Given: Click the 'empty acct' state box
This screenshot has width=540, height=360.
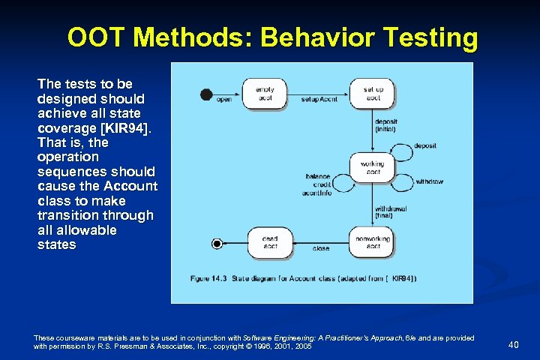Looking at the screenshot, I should point(265,94).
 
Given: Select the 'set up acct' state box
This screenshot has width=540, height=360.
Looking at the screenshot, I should point(373,94).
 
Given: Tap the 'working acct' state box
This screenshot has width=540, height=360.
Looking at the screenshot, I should point(372,168).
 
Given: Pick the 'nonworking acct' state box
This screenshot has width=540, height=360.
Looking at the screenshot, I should point(373,242).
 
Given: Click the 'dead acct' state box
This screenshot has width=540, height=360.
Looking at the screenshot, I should point(270,242).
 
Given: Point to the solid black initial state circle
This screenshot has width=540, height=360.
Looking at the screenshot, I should point(206,94).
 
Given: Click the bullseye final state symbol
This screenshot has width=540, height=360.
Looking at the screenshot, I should point(217,243).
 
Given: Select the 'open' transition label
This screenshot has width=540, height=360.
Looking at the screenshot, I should point(223,99).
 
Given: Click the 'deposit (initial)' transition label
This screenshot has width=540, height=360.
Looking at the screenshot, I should point(386,124).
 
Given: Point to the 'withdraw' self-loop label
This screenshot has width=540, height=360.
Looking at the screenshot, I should point(428,181).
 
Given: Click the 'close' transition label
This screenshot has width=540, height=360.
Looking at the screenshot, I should point(321,248).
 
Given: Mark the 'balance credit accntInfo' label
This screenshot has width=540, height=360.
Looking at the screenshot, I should point(318,183).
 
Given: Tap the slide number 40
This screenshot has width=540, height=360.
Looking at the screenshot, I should point(514,344).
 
